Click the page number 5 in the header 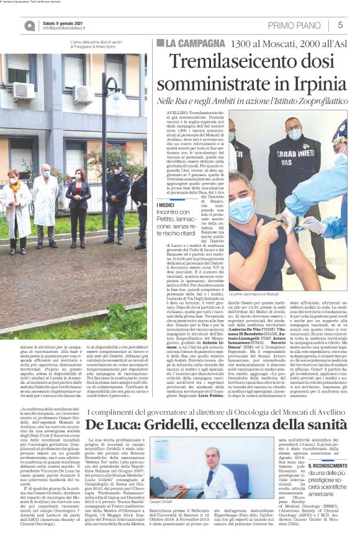[x=341, y=25]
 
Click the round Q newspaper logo [x=30, y=25]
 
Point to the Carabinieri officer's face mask [x=295, y=135]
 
